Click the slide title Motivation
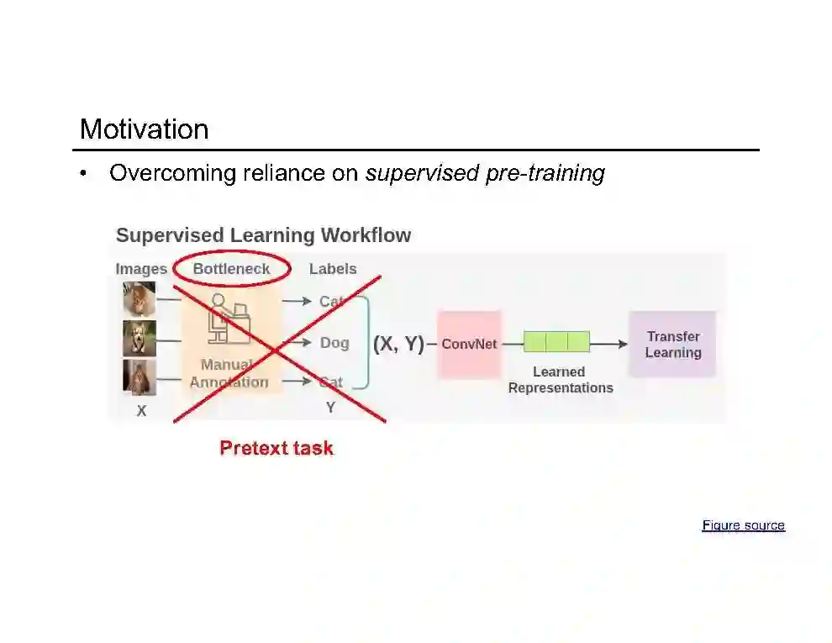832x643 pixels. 144,129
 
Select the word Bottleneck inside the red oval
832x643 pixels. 231,269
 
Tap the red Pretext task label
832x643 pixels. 276,448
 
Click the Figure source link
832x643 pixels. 743,525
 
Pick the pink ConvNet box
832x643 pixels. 469,344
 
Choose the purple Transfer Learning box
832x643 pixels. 672,345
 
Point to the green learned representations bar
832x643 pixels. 556,341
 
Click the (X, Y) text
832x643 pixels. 398,344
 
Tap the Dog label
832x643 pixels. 334,343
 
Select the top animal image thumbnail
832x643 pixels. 140,299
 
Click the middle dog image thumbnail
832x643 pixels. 140,339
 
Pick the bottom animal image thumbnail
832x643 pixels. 140,377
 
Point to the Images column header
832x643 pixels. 141,269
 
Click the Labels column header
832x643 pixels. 333,269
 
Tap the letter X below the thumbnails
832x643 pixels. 141,412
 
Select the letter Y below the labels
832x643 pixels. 330,408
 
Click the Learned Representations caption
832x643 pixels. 561,380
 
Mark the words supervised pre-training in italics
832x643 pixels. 485,173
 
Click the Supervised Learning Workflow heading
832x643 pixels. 263,235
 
